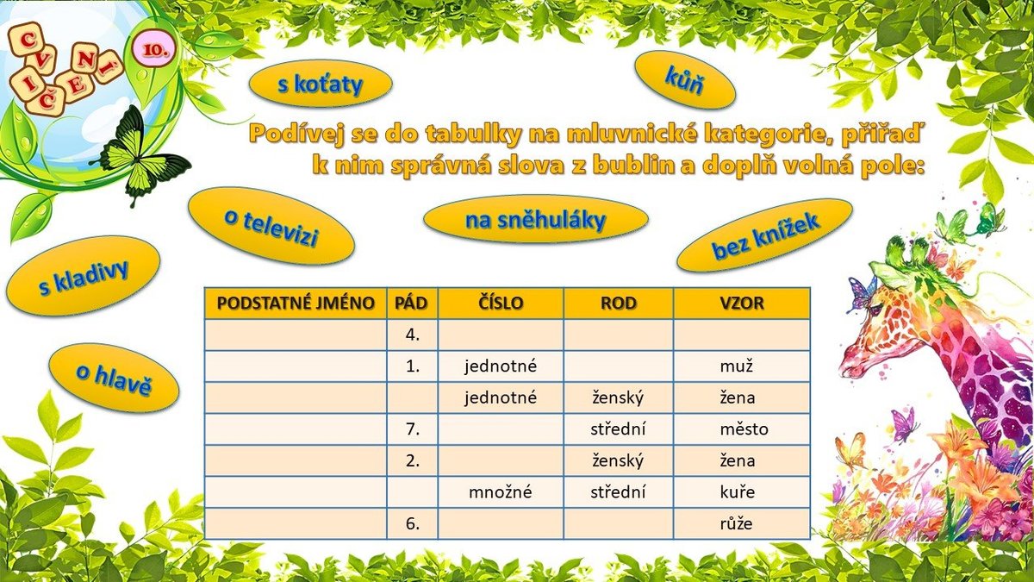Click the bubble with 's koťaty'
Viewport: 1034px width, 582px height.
tap(321, 84)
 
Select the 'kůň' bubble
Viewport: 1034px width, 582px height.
tap(685, 80)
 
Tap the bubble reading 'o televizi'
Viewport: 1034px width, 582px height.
tap(271, 226)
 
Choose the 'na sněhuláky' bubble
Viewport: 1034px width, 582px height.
tap(535, 219)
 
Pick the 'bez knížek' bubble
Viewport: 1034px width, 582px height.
tap(764, 235)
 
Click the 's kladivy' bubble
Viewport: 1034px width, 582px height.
tap(83, 276)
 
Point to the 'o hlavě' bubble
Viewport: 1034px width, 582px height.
tap(114, 378)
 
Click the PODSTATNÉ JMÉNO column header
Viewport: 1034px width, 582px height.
tap(296, 304)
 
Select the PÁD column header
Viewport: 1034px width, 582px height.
tap(412, 304)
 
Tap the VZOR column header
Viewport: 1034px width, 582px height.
tap(741, 304)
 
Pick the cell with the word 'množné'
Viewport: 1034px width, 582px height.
tap(501, 492)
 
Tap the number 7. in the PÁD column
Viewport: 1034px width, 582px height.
tap(412, 429)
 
